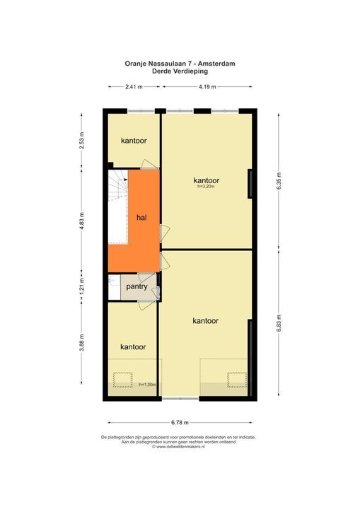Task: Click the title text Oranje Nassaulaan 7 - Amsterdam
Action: tap(179, 63)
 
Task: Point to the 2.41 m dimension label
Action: tap(134, 87)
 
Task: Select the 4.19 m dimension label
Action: tap(207, 87)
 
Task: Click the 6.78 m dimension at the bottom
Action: tap(180, 423)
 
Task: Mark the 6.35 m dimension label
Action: tap(279, 182)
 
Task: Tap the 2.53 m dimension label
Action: tap(82, 140)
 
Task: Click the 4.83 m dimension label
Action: tap(82, 221)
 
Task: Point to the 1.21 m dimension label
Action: tap(82, 287)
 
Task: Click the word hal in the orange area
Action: tap(141, 218)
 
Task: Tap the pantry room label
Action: tap(137, 287)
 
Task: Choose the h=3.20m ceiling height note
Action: tap(206, 187)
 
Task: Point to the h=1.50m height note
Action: tap(146, 385)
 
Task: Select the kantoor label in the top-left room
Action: tap(133, 141)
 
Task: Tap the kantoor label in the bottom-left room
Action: tap(133, 347)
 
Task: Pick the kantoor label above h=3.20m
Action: tap(206, 180)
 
